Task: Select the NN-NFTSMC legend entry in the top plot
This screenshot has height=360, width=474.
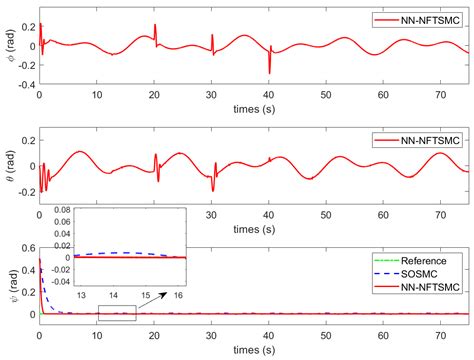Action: pos(417,20)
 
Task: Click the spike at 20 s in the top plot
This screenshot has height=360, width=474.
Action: pos(154,30)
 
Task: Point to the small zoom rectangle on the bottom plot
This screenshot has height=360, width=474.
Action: pos(116,312)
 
